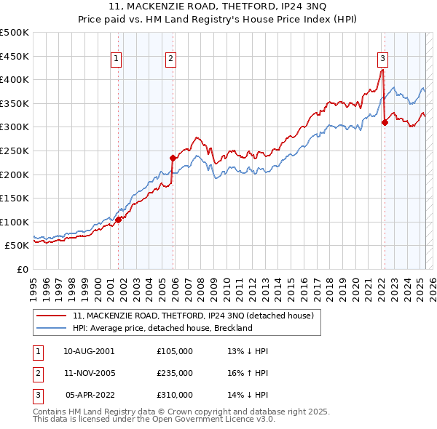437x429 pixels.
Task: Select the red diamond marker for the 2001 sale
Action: click(x=118, y=219)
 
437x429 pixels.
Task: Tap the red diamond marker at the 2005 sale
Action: click(x=173, y=158)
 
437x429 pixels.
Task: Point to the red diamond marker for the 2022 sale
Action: click(x=385, y=122)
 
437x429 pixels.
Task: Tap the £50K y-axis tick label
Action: click(x=17, y=246)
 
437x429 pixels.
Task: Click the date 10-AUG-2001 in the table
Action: click(x=89, y=351)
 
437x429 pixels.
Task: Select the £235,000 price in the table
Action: click(x=175, y=373)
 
